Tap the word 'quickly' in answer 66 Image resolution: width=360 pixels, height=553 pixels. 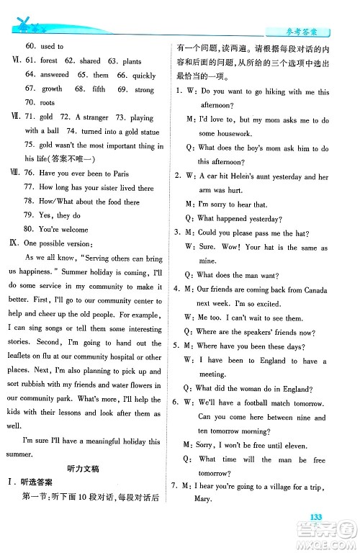(144, 75)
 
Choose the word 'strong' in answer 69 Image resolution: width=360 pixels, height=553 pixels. (144, 90)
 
